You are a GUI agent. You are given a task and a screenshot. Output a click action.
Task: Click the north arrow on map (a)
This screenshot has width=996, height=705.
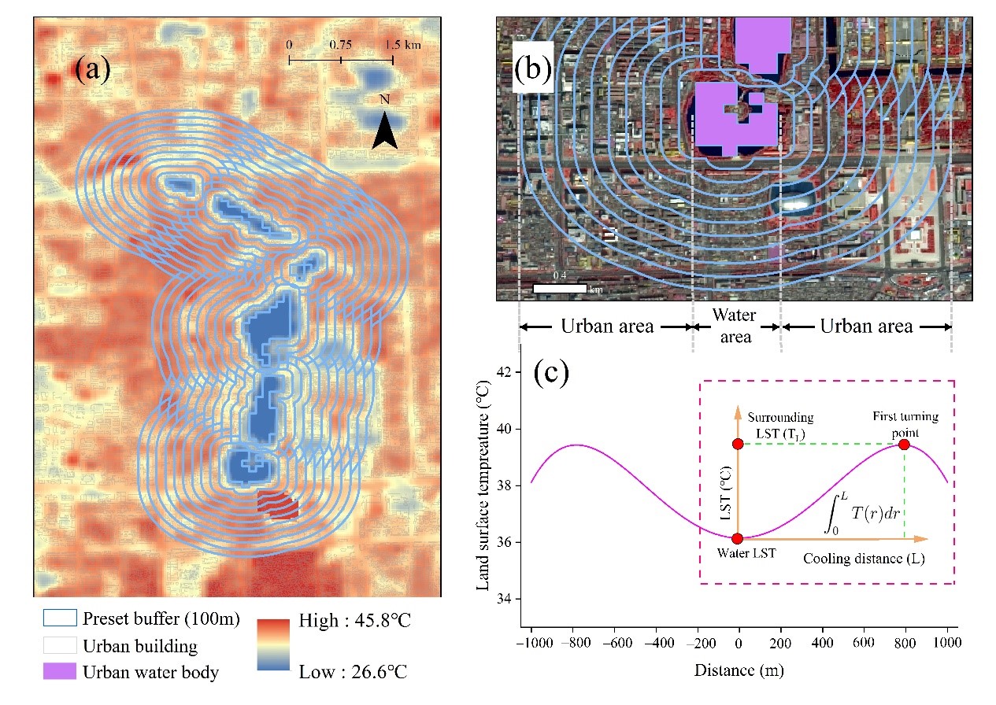384,130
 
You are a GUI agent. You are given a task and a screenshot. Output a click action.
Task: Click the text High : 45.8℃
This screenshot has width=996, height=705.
355,622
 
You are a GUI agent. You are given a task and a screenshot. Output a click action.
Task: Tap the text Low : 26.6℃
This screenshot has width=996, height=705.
353,672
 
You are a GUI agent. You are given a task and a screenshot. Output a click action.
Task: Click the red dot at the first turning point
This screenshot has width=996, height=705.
904,445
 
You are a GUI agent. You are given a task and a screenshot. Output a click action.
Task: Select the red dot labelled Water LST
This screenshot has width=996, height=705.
738,539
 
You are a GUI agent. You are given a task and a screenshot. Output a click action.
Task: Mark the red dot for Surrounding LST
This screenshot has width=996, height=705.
738,445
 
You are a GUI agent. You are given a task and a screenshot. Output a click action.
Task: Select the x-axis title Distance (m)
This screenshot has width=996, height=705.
739,671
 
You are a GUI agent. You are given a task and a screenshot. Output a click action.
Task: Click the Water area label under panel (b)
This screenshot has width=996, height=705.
735,326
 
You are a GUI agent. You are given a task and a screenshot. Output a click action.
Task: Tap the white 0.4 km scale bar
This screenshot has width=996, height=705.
560,288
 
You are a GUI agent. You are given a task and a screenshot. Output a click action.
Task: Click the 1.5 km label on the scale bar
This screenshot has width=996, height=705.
402,45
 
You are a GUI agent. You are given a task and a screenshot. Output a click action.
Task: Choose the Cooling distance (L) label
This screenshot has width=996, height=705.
863,559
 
